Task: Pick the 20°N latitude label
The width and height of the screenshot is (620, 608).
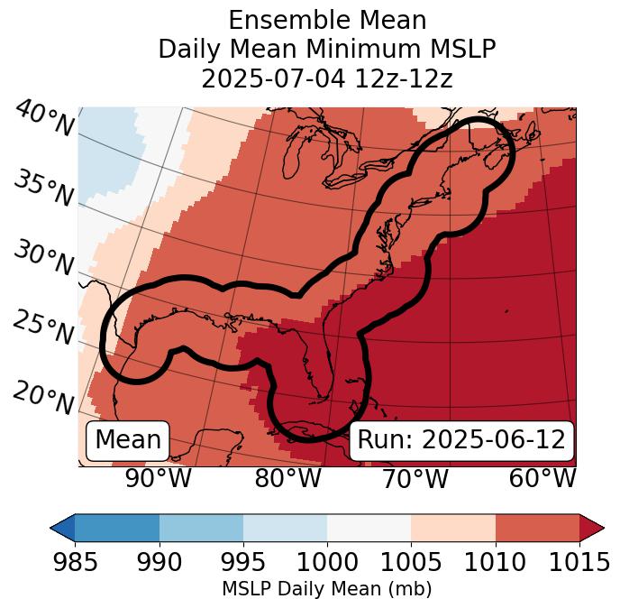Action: [42, 396]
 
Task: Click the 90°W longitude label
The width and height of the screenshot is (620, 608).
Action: [158, 479]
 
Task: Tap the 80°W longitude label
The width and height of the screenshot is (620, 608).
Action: [287, 479]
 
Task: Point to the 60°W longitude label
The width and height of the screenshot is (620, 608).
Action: [542, 479]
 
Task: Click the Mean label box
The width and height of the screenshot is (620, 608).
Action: [128, 440]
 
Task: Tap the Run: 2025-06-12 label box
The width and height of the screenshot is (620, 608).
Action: [461, 440]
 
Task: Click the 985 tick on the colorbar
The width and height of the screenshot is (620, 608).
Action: [75, 562]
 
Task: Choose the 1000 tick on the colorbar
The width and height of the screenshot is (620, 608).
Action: [327, 562]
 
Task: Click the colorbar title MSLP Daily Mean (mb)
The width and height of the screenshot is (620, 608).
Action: [326, 589]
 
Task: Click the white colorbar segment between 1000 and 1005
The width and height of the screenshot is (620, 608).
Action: [369, 528]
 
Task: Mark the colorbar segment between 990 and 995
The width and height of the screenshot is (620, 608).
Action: [201, 528]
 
